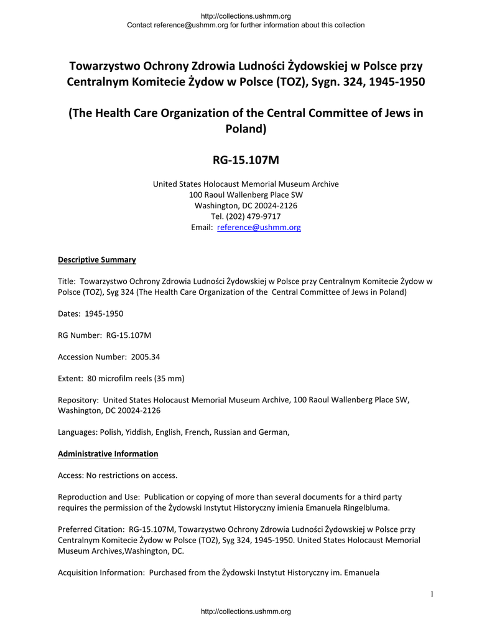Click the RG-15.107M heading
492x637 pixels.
246,160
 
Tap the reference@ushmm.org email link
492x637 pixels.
258,228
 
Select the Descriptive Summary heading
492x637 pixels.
96,259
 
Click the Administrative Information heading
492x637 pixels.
108,453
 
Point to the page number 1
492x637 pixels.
431,594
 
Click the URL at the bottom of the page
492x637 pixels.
246,611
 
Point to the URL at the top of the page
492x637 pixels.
246,16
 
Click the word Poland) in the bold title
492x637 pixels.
246,129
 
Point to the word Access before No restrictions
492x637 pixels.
70,475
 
